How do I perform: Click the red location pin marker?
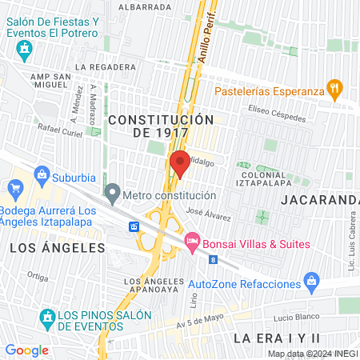coord(180,162)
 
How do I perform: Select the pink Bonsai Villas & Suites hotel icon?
coord(192,241)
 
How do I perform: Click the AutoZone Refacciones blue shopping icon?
coord(312,282)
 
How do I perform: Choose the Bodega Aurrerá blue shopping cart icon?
coord(14,190)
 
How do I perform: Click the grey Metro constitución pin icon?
coord(113,194)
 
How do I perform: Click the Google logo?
coord(26,350)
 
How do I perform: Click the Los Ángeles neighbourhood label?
coord(58,248)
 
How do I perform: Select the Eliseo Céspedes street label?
coord(278,115)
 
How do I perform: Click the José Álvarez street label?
coord(208,214)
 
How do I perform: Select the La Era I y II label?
coord(276,339)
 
